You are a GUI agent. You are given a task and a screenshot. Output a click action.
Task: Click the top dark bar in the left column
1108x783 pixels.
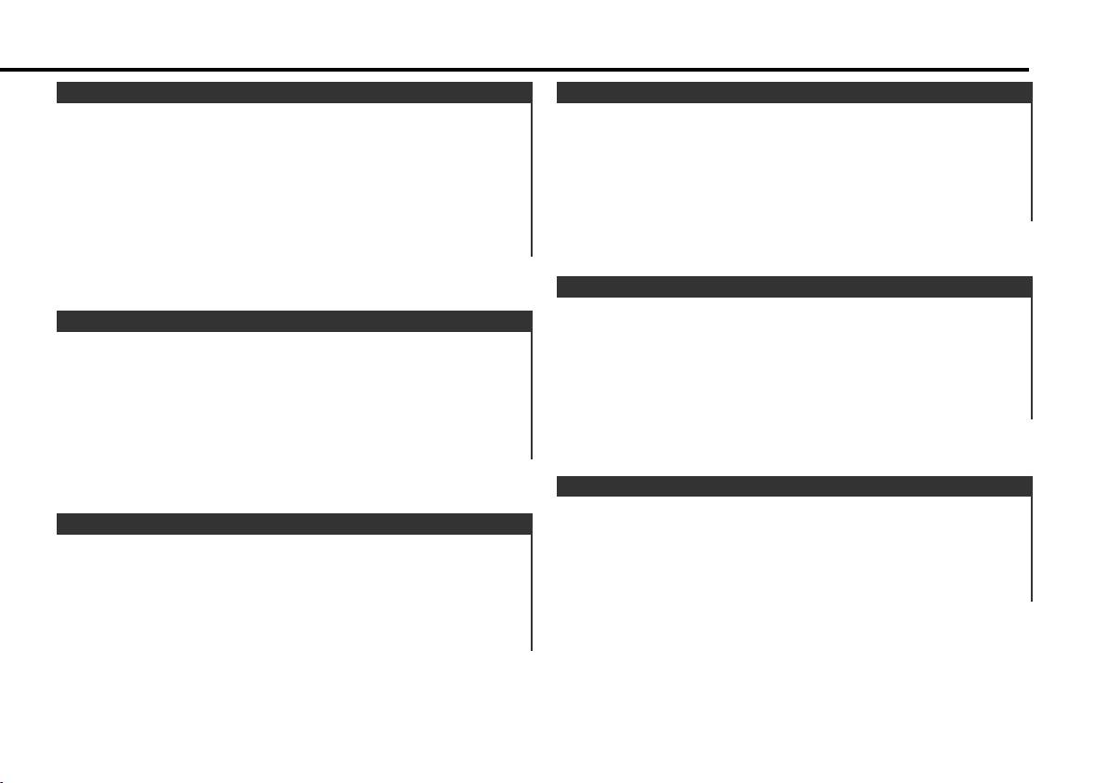point(294,92)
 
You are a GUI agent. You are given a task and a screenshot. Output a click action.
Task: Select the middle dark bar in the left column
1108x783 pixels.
point(294,322)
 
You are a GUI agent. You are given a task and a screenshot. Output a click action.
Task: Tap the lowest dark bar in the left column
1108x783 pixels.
point(294,524)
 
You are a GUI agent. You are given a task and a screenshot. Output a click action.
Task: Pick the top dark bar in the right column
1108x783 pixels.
point(794,92)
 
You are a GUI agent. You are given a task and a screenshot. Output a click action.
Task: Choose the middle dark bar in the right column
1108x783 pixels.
point(794,286)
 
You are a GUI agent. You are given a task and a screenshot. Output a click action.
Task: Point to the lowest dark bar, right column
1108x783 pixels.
point(794,485)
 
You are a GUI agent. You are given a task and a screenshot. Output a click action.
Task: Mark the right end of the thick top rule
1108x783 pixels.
point(1027,70)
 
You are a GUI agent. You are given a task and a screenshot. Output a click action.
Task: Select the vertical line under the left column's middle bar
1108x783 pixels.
point(532,395)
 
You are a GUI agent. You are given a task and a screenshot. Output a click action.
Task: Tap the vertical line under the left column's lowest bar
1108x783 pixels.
point(532,591)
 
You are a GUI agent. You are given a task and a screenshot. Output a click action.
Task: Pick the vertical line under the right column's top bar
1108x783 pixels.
point(1032,161)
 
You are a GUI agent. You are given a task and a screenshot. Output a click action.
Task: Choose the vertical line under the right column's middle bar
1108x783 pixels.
point(1032,357)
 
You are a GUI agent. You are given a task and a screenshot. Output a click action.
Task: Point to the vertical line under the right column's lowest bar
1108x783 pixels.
point(1032,549)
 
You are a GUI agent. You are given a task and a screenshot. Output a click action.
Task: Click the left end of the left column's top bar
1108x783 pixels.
point(59,92)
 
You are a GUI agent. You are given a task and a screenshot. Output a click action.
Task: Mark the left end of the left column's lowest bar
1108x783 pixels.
point(59,524)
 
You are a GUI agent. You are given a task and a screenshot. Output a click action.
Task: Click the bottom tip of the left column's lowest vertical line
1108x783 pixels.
point(532,649)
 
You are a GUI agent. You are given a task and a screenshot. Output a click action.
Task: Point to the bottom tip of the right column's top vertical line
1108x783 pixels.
point(1032,219)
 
